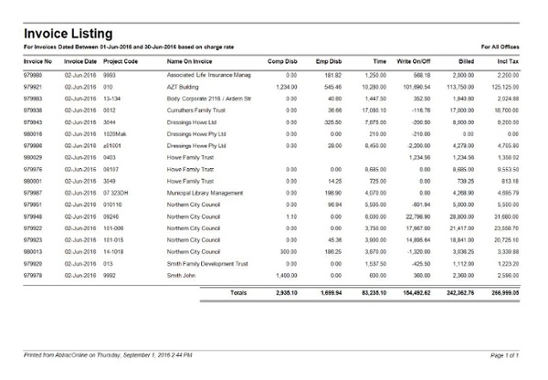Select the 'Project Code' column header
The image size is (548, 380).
[x=121, y=61]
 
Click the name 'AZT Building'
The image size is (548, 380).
[x=184, y=85]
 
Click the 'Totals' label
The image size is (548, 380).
[x=237, y=293]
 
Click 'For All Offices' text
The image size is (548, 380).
[x=503, y=46]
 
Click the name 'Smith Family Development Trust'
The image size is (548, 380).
[x=207, y=263]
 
